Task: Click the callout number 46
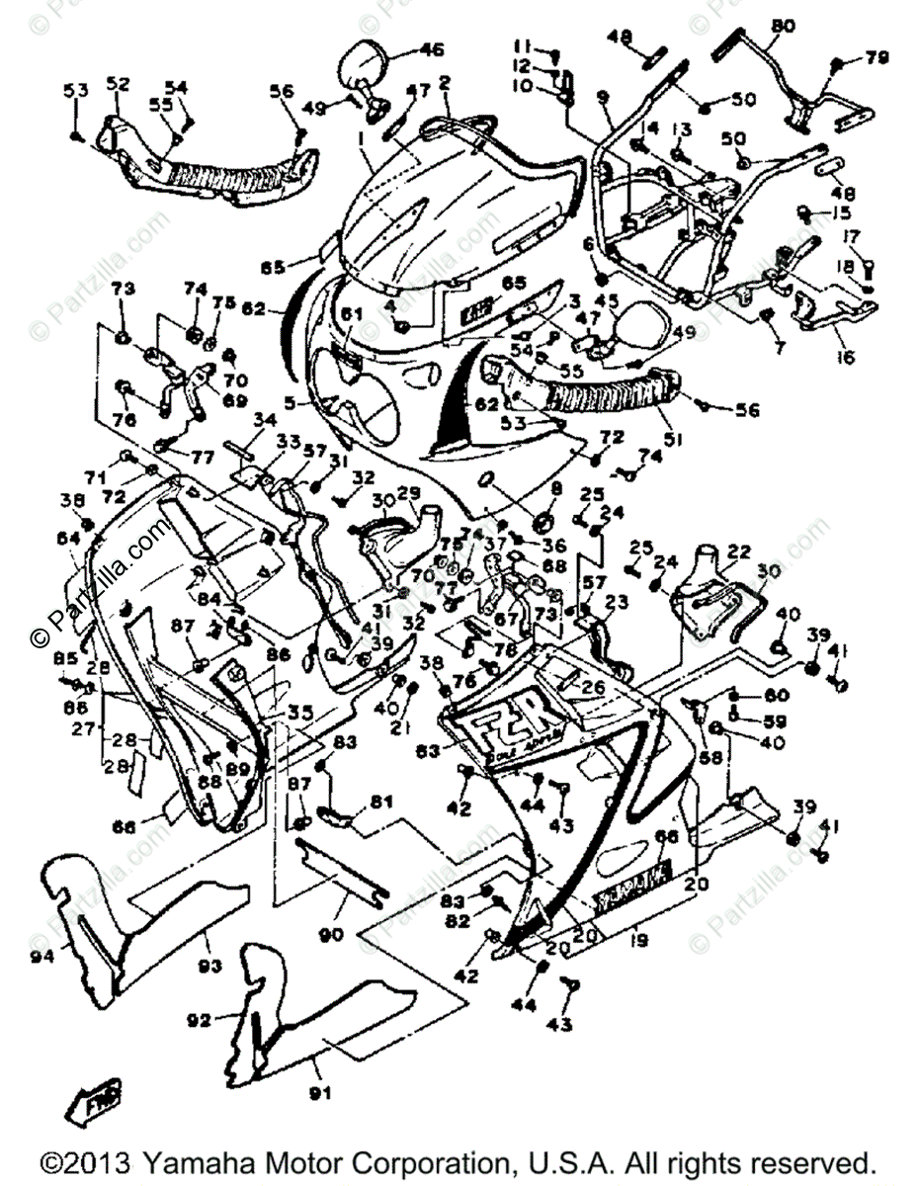pyautogui.click(x=432, y=48)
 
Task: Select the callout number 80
pyautogui.click(x=782, y=26)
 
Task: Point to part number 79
pyautogui.click(x=877, y=57)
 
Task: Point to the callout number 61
pyautogui.click(x=346, y=314)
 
